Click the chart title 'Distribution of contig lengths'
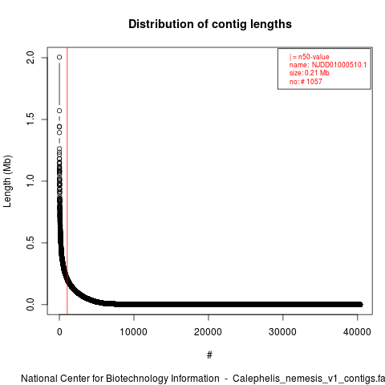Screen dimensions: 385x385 pos(210,24)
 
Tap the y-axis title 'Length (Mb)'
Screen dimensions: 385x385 pos(7,181)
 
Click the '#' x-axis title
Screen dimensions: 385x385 pos(209,355)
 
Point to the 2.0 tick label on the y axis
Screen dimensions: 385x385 pos(30,58)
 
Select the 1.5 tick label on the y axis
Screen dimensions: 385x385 pos(30,120)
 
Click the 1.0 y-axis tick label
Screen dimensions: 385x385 pos(30,181)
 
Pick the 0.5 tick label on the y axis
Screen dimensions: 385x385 pos(30,242)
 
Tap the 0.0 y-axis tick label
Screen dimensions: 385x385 pos(30,304)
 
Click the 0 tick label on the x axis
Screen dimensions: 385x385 pos(59,332)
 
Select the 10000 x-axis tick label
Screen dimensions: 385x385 pos(134,332)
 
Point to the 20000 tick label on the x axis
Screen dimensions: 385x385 pos(208,332)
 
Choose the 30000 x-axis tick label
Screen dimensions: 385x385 pos(282,332)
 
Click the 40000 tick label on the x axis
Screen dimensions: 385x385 pos(357,332)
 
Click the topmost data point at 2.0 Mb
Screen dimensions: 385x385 pos(59,57)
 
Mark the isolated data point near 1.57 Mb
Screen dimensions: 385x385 pos(59,111)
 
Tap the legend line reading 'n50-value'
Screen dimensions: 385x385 pos(310,57)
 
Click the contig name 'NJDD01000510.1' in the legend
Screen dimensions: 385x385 pos(339,65)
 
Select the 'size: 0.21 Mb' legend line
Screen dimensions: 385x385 pos(310,73)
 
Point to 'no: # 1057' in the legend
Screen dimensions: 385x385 pos(306,82)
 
